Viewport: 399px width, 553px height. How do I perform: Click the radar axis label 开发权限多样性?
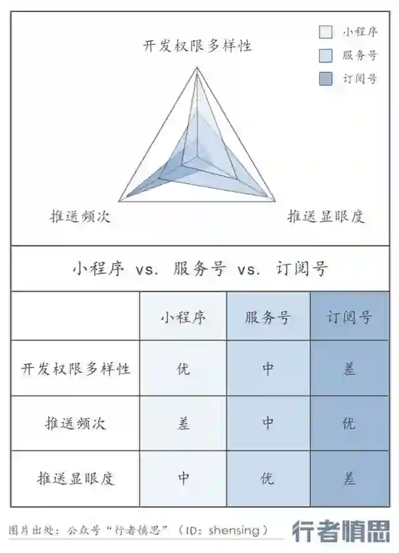[x=197, y=45]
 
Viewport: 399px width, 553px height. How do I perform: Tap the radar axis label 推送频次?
[x=80, y=217]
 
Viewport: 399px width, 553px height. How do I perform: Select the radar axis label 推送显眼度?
[x=326, y=217]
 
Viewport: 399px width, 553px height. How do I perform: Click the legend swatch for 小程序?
[x=325, y=32]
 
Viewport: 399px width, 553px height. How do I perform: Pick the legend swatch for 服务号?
[x=325, y=55]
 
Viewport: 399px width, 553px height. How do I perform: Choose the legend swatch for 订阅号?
[x=325, y=79]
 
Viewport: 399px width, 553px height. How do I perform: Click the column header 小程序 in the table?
[x=183, y=318]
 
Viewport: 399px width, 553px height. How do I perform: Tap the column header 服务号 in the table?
[x=267, y=318]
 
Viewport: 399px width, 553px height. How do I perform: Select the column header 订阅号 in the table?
[x=350, y=318]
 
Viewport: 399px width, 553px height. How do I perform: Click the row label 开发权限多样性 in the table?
[x=76, y=368]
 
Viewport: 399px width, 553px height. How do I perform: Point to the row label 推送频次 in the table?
[x=76, y=423]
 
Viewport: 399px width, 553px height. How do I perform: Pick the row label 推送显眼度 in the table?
[x=76, y=479]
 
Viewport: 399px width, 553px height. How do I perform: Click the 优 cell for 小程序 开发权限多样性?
[x=183, y=368]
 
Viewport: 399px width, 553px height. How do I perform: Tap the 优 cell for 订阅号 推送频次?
[x=350, y=423]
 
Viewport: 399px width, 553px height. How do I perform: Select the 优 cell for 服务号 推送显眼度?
[x=267, y=479]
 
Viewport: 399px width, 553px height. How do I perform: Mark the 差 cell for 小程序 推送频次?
[x=183, y=423]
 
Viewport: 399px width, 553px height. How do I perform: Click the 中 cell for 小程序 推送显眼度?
[x=183, y=479]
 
